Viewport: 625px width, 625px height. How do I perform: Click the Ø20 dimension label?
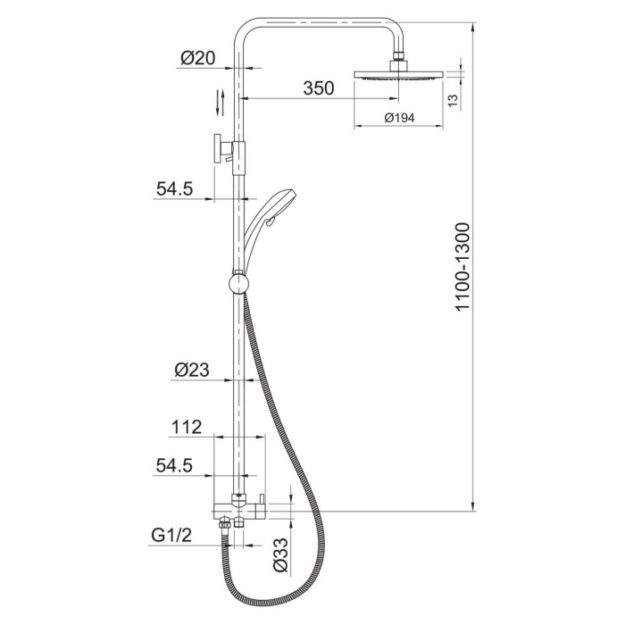[197, 58]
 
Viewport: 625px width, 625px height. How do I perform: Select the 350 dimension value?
[319, 88]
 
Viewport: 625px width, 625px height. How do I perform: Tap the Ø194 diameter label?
[399, 118]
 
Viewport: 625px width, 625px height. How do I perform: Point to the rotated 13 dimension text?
[454, 100]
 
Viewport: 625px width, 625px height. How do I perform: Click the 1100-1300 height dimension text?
[463, 267]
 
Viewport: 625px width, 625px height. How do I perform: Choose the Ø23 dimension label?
[192, 370]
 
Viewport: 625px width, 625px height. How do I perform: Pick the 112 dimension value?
[187, 428]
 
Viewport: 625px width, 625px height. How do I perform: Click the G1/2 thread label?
[171, 535]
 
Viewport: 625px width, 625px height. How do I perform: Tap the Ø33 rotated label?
[280, 554]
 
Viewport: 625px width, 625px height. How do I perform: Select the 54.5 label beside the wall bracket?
[174, 188]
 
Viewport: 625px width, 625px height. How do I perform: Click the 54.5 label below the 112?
[174, 465]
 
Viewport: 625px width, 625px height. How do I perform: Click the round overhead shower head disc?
[398, 74]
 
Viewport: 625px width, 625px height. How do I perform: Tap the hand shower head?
[269, 223]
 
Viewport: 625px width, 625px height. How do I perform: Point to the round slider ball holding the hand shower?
[238, 283]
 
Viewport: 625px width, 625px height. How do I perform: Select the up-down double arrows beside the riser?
[220, 103]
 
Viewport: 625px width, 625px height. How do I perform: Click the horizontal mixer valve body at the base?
[239, 511]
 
